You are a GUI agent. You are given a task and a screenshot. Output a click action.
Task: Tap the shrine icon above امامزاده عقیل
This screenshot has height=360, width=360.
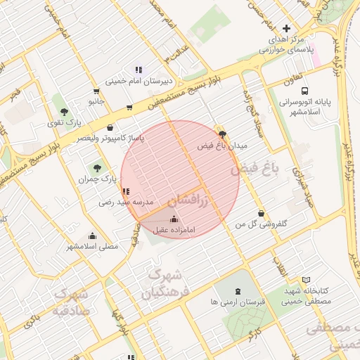click(174, 219)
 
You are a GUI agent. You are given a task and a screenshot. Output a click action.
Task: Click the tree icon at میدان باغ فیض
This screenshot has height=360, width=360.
click(223, 134)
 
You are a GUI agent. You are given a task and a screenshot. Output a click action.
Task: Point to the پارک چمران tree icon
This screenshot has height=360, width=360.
click(96, 168)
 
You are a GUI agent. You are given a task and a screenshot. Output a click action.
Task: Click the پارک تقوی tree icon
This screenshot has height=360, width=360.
click(64, 111)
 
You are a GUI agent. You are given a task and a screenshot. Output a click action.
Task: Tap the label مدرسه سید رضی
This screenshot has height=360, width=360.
click(125, 202)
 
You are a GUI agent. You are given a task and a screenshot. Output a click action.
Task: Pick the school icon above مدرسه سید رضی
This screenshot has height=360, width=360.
click(125, 191)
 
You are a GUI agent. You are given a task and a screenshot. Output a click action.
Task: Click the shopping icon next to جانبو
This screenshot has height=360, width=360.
click(96, 91)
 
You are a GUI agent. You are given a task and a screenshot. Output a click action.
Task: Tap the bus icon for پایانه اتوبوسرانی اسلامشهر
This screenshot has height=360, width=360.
click(304, 91)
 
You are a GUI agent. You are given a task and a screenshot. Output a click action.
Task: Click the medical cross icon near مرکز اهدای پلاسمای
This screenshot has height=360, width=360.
click(285, 28)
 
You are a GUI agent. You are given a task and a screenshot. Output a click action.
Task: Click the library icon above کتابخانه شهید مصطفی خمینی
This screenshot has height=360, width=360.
click(305, 280)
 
